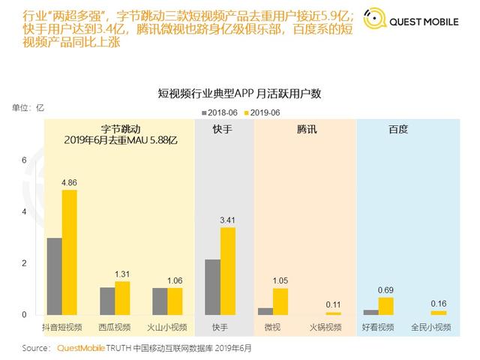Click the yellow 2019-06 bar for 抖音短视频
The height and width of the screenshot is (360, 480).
pyautogui.click(x=69, y=252)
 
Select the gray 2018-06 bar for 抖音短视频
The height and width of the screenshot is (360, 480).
pyautogui.click(x=54, y=276)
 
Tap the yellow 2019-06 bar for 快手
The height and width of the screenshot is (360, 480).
pyautogui.click(x=227, y=271)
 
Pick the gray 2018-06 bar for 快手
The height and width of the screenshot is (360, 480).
pyautogui.click(x=212, y=286)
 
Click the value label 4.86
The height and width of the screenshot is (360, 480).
pyautogui.click(x=69, y=182)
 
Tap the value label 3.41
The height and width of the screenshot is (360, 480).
pyautogui.click(x=227, y=220)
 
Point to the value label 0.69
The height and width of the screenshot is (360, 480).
pyautogui.click(x=386, y=289)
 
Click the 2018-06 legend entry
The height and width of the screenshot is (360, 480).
pyautogui.click(x=219, y=112)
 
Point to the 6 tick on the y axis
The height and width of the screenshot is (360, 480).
pyautogui.click(x=24, y=160)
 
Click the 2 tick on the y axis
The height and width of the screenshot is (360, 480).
pyautogui.click(x=24, y=263)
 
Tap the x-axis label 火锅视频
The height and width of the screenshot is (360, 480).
pyautogui.click(x=325, y=327)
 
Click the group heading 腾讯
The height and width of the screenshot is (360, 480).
pyautogui.click(x=306, y=129)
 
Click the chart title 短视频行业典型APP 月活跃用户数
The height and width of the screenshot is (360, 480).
pyautogui.click(x=239, y=93)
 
